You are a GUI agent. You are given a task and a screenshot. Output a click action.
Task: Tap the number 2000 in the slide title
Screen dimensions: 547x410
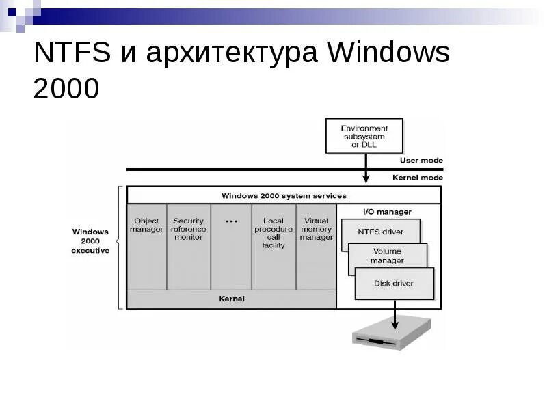click(66, 88)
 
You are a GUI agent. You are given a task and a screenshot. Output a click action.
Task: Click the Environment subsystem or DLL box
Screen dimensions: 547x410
click(364, 136)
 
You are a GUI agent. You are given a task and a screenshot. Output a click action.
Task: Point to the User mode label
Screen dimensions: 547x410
click(421, 161)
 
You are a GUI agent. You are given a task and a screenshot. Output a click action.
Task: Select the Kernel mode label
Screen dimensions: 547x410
click(417, 178)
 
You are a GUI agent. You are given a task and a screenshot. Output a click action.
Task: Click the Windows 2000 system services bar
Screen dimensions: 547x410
click(283, 195)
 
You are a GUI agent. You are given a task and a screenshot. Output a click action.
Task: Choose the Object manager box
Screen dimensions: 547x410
click(146, 246)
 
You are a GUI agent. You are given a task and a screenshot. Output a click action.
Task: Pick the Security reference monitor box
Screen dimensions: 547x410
click(188, 246)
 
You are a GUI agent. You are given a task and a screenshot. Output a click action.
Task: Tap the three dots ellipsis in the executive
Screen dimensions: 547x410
click(230, 222)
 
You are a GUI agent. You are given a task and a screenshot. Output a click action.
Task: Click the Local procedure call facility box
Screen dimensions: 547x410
click(273, 246)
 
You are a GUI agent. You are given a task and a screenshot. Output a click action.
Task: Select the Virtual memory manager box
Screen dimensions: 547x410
click(316, 246)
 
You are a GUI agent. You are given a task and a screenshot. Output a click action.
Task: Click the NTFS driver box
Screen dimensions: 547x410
click(380, 232)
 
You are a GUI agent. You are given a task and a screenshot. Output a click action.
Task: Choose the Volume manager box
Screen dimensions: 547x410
click(387, 256)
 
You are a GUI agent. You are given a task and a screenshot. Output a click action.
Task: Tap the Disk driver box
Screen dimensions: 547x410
click(394, 283)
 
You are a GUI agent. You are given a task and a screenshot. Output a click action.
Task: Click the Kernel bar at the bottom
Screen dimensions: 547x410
click(231, 299)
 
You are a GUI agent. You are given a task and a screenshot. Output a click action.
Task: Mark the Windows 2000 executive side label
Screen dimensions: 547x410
click(90, 241)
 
